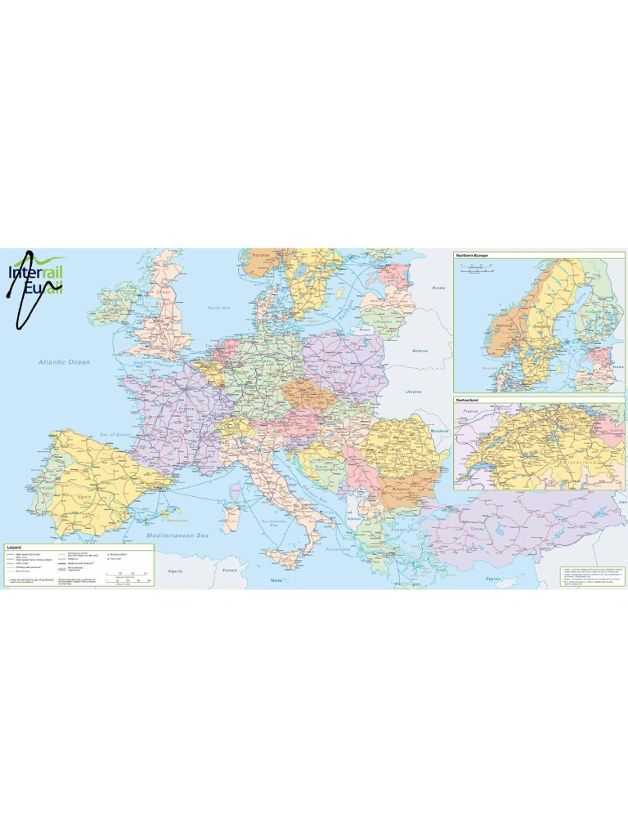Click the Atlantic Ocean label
64,361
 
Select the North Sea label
219,307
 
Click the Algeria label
174,571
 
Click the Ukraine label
414,392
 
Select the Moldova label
440,431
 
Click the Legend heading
14,545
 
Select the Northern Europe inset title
473,256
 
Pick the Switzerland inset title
468,400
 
